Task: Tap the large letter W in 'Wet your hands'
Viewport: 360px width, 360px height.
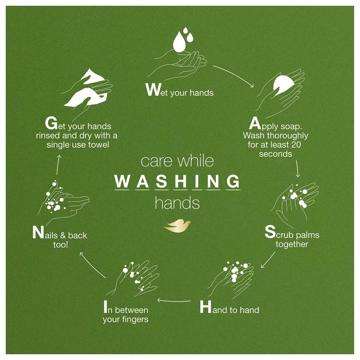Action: click(153, 90)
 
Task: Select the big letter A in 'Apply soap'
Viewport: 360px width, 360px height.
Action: click(255, 123)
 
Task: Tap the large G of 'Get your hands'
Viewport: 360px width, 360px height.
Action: click(51, 122)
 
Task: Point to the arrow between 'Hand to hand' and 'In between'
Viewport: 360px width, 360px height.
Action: click(175, 301)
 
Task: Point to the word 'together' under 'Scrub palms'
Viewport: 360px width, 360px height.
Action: click(292, 244)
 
